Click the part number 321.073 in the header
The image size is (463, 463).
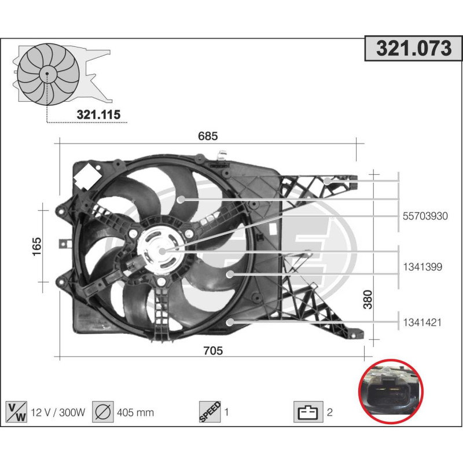click(413, 49)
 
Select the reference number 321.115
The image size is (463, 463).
click(98, 115)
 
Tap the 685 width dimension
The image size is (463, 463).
click(207, 137)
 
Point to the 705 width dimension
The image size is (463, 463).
click(214, 350)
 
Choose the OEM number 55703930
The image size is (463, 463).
click(425, 216)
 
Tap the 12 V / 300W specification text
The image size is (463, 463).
click(58, 413)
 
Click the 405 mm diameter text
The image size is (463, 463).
click(135, 413)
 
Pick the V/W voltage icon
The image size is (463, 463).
click(16, 412)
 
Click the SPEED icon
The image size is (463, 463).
click(210, 412)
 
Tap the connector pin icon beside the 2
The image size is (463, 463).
click(308, 413)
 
